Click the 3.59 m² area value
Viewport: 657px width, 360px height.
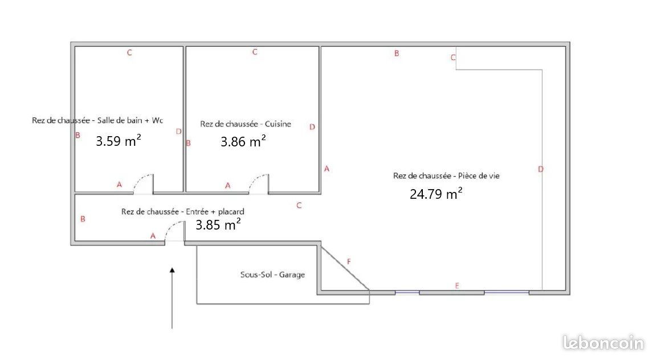point(118,140)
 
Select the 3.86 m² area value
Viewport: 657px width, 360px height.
point(243,141)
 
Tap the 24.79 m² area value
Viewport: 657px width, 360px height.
point(436,194)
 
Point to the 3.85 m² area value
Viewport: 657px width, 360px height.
point(218,224)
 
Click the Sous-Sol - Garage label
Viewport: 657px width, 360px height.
point(272,275)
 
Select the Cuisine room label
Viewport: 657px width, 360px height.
point(278,124)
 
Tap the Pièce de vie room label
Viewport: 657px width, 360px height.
point(479,175)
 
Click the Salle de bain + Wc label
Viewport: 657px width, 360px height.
point(130,120)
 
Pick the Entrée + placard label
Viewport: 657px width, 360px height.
point(215,212)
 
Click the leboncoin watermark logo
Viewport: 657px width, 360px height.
point(603,343)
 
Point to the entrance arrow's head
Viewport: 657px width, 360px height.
point(172,271)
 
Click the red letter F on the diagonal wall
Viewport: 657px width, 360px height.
point(349,262)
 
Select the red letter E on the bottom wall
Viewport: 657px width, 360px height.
point(457,285)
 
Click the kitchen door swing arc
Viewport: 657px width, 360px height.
point(256,179)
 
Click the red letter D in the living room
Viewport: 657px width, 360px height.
point(541,169)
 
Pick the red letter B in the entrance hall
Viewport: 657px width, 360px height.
point(83,219)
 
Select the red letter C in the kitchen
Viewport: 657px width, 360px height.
point(254,52)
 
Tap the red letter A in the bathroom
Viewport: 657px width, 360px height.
point(119,185)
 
